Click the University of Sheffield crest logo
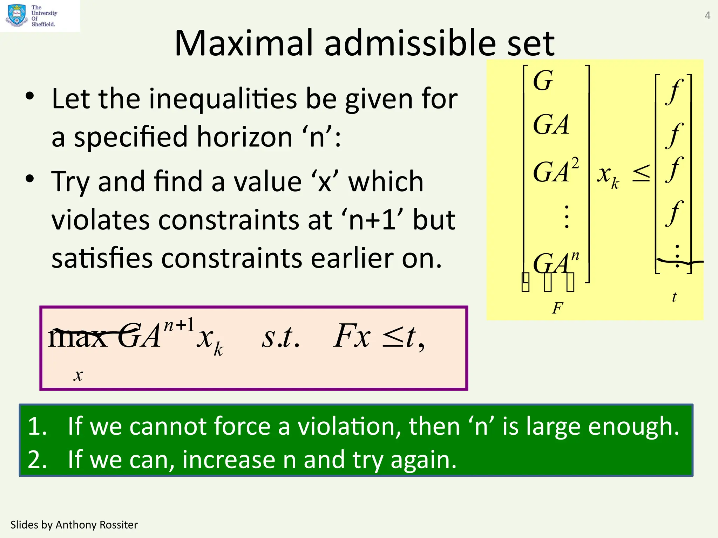(16, 15)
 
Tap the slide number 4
(707, 16)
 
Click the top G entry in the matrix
(543, 81)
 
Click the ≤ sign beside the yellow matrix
(641, 174)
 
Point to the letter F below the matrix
(557, 308)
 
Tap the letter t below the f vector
(674, 297)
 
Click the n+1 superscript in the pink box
(179, 325)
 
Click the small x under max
(78, 375)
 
